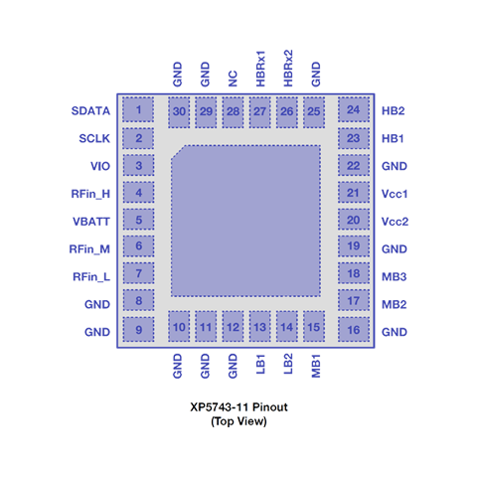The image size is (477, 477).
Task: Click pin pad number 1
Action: (138, 109)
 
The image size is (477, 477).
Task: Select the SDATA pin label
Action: (90, 110)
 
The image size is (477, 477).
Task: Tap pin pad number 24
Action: (354, 109)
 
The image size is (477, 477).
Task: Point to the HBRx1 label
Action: (260, 69)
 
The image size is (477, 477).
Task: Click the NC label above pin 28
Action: (233, 79)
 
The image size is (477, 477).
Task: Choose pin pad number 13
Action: (260, 326)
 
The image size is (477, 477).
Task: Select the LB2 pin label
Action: (288, 364)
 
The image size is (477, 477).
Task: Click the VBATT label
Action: (91, 222)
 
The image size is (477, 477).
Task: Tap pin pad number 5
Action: (138, 220)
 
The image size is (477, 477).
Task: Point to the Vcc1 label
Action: (395, 194)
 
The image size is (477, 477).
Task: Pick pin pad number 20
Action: (354, 220)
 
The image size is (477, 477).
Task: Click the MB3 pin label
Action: (394, 276)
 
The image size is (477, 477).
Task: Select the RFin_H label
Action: (90, 194)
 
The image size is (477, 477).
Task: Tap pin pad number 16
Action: (354, 329)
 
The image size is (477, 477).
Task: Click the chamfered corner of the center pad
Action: (177, 152)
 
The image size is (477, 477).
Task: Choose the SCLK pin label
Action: (94, 138)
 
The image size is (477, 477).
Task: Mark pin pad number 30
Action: (179, 112)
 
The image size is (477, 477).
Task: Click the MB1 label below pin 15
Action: (316, 366)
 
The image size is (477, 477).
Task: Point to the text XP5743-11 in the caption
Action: (220, 406)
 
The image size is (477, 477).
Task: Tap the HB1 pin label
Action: (393, 138)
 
